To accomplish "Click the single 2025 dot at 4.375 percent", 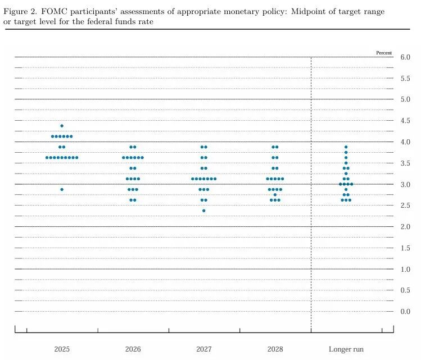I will click(62, 126).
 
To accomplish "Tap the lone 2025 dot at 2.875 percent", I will click(62, 189).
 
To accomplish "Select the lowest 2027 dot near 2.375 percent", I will click(203, 211).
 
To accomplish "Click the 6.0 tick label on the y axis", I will click(405, 57).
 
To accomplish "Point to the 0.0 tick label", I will click(405, 312).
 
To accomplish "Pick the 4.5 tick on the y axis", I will click(405, 121).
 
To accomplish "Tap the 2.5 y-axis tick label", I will click(405, 206).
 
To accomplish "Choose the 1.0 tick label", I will click(405, 269).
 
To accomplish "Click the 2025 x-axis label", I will click(62, 349).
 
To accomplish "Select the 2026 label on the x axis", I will click(133, 349).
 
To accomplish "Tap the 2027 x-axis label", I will click(204, 349).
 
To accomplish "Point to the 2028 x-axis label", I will click(275, 349).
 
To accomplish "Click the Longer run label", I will click(346, 349).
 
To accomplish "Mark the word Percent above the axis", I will click(384, 53).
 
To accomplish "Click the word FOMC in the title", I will click(53, 12).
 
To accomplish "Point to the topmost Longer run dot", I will click(346, 147).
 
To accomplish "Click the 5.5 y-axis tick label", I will click(405, 79).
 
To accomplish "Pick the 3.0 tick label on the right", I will click(405, 185).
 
